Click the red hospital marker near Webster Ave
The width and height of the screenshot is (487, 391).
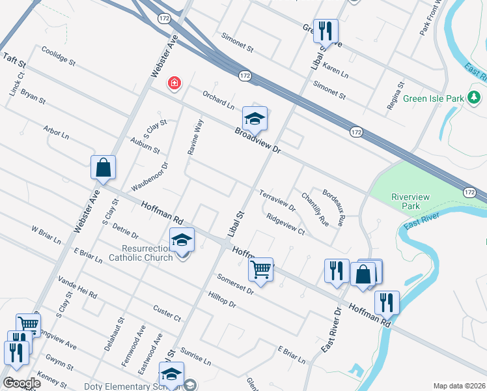pos(174,83)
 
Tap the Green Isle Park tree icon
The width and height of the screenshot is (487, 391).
pos(474,98)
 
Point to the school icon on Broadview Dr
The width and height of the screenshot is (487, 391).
pos(255,118)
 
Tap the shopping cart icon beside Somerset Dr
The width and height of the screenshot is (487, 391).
pos(260,268)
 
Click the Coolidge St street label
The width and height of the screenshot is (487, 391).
pos(59,57)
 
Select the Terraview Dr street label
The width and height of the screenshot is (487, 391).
pos(277,200)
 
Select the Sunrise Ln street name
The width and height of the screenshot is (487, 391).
pos(196,356)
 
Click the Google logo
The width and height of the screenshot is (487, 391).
pos(21,383)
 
